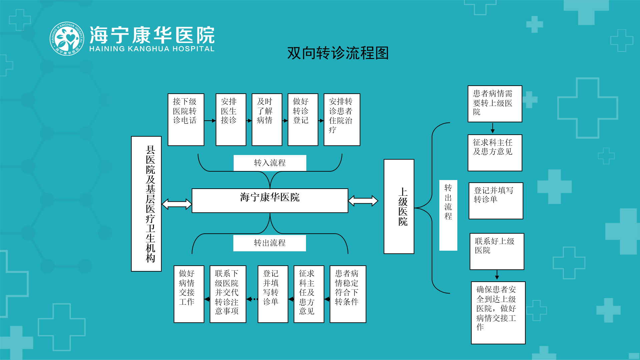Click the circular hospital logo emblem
click(67, 39)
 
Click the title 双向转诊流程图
click(338, 53)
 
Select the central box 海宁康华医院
click(270, 200)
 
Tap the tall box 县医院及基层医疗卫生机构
click(146, 204)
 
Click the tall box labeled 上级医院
click(399, 206)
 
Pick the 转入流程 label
click(270, 163)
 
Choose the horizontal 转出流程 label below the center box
click(269, 243)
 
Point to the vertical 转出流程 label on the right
click(448, 215)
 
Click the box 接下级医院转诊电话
click(186, 119)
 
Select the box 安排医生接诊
click(231, 119)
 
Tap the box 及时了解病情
click(267, 119)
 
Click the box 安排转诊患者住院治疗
click(342, 119)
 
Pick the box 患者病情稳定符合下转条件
click(348, 294)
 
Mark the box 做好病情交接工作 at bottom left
click(189, 294)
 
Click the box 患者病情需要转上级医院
click(495, 104)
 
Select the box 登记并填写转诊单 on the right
click(496, 200)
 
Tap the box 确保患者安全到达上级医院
click(498, 312)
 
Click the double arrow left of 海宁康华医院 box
click(177, 204)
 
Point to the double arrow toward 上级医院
click(363, 201)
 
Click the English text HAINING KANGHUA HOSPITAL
click(152, 49)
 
